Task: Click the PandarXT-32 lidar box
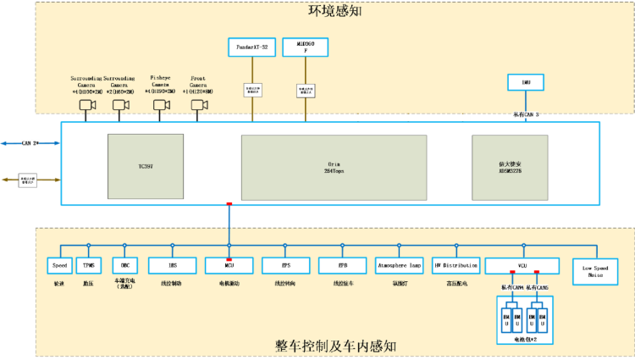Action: click(252, 47)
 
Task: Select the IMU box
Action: click(526, 82)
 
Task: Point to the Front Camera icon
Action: click(200, 105)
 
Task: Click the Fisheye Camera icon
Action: click(161, 105)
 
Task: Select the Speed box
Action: click(59, 265)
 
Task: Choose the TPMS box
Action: click(88, 265)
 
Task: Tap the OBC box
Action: click(124, 265)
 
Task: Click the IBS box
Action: click(173, 265)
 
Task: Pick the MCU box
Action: click(229, 265)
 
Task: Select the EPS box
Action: click(286, 265)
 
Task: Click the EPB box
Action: click(341, 265)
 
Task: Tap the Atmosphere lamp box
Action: click(399, 265)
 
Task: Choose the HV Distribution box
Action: click(456, 265)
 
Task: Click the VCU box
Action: click(522, 265)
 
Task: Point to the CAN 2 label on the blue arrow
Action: click(30, 143)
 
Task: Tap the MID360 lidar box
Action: click(305, 47)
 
